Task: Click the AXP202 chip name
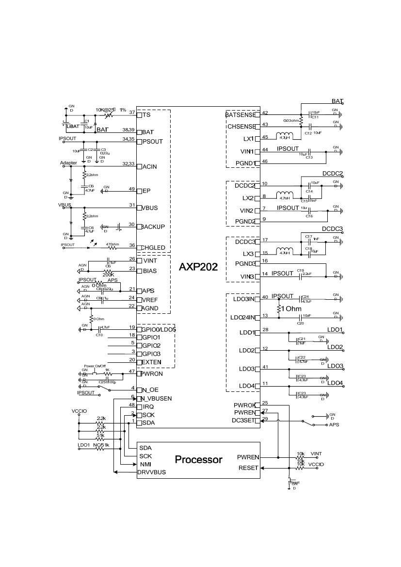(198, 267)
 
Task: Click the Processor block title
(198, 459)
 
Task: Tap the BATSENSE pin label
(241, 115)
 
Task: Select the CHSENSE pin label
(241, 127)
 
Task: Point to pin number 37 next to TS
(132, 112)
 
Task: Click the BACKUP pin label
(154, 227)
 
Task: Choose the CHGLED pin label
(154, 248)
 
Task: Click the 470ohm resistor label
(112, 244)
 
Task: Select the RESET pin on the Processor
(248, 468)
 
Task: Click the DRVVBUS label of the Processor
(151, 472)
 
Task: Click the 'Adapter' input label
(68, 162)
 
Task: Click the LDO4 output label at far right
(335, 383)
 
